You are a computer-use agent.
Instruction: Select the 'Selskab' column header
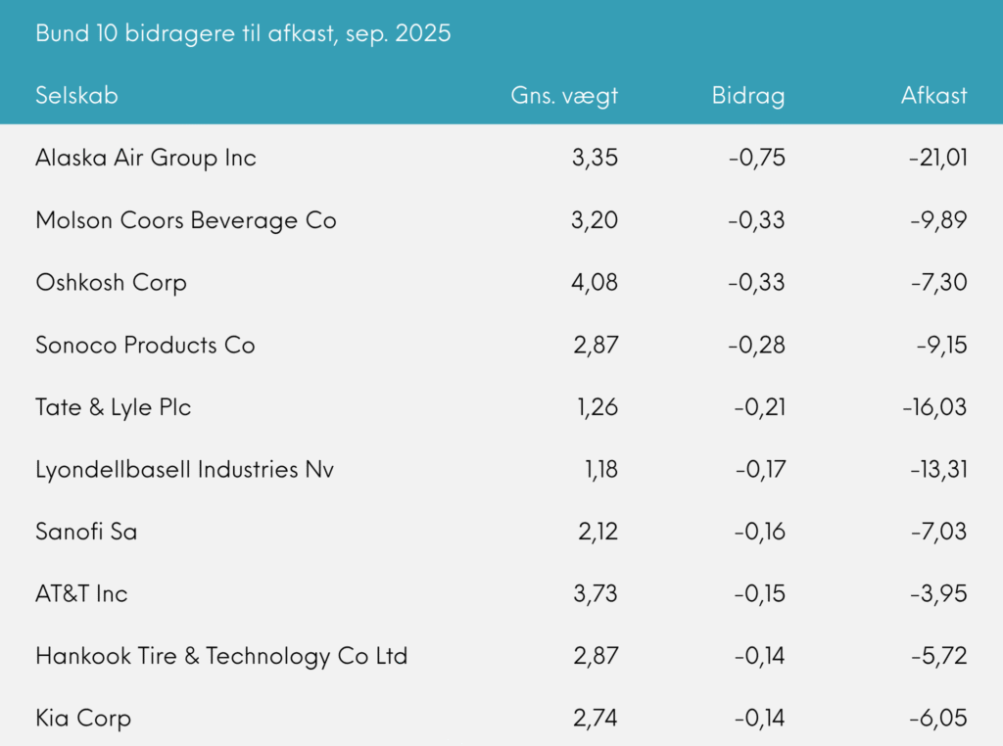tap(76, 95)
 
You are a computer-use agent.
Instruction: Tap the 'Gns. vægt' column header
tap(564, 95)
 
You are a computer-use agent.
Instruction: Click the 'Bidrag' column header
tap(748, 95)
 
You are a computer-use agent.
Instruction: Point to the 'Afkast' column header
tap(933, 95)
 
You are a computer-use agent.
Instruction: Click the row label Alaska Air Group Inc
tap(146, 158)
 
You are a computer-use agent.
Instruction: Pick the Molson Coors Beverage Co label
tap(186, 220)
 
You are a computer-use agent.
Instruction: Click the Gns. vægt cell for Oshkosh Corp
tap(595, 283)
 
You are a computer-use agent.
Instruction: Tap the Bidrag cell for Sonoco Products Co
tap(756, 345)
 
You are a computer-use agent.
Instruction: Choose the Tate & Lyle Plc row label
tap(114, 407)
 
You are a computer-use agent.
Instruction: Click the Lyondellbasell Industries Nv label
tap(184, 470)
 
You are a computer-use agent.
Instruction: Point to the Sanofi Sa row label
tap(86, 532)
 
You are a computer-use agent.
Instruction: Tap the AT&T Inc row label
tap(81, 593)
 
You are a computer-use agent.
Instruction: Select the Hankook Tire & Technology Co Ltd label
tap(221, 656)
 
